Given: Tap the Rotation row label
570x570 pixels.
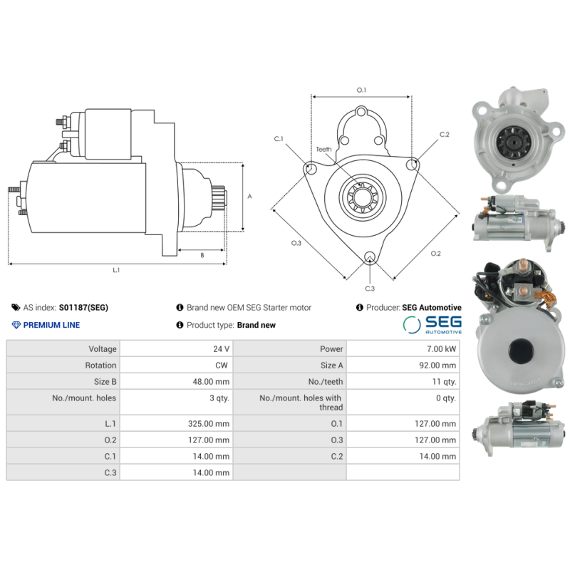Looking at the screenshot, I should (x=63, y=366).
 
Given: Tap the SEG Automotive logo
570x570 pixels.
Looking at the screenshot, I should (x=432, y=325).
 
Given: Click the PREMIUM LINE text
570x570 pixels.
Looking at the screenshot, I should (x=51, y=325).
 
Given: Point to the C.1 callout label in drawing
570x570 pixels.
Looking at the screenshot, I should (x=279, y=139).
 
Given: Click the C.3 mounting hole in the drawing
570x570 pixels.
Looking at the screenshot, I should (x=369, y=258).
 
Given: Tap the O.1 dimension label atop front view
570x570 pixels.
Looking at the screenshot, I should (x=361, y=90).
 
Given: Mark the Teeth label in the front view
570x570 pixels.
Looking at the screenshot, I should (x=323, y=149).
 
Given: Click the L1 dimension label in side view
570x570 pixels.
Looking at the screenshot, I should (x=116, y=270).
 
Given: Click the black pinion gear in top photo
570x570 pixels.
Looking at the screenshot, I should (x=510, y=140).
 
